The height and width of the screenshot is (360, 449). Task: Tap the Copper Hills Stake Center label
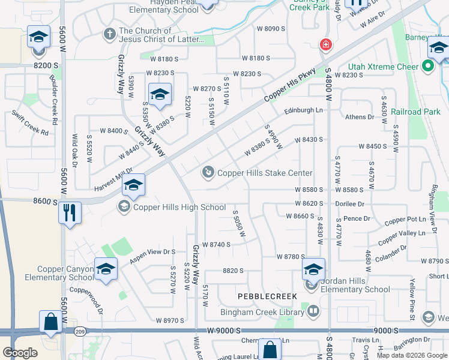tap(265, 173)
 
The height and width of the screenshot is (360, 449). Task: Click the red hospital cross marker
tap(325, 45)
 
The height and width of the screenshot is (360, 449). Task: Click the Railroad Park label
tap(415, 112)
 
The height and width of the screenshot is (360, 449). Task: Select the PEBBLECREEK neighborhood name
tap(267, 296)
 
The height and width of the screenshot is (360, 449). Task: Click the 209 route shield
tap(81, 331)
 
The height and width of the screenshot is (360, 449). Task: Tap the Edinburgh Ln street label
tap(303, 110)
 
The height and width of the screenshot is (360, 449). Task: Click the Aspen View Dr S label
tap(152, 253)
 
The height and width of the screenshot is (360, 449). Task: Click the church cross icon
tap(109, 34)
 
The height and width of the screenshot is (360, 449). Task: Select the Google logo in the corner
tap(20, 353)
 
